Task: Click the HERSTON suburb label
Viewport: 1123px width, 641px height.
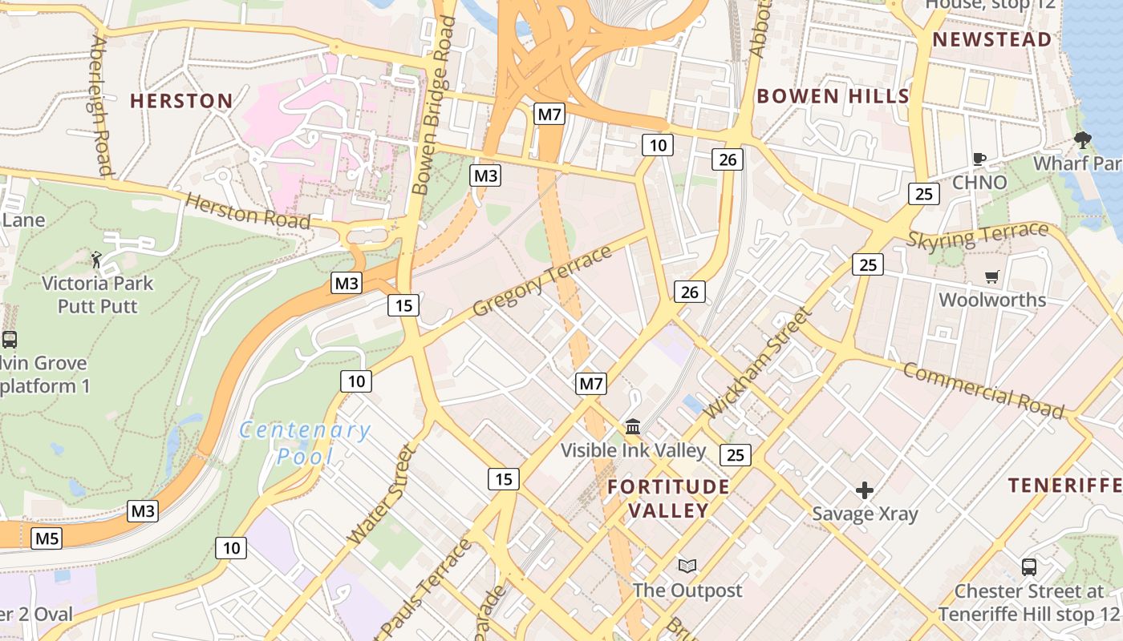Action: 181,101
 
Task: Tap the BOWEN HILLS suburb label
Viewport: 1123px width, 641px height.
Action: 833,97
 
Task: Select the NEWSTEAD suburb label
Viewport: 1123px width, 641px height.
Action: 991,40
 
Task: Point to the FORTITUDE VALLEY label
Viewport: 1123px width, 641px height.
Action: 668,498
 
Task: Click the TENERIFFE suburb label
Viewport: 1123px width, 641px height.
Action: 1064,485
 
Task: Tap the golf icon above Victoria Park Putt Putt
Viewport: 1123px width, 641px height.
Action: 97,260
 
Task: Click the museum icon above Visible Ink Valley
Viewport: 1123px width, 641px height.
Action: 633,426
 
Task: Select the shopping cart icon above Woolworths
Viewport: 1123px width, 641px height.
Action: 992,276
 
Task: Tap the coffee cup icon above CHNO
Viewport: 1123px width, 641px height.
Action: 979,159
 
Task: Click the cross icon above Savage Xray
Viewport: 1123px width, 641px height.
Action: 865,490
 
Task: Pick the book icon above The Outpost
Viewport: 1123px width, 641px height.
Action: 687,566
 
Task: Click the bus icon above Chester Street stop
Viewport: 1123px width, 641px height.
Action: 1028,567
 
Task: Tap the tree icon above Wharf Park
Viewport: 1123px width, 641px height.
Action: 1083,140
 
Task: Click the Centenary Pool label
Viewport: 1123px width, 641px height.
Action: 305,443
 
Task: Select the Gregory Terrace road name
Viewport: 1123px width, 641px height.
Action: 542,280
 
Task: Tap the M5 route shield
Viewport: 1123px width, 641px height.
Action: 47,538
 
